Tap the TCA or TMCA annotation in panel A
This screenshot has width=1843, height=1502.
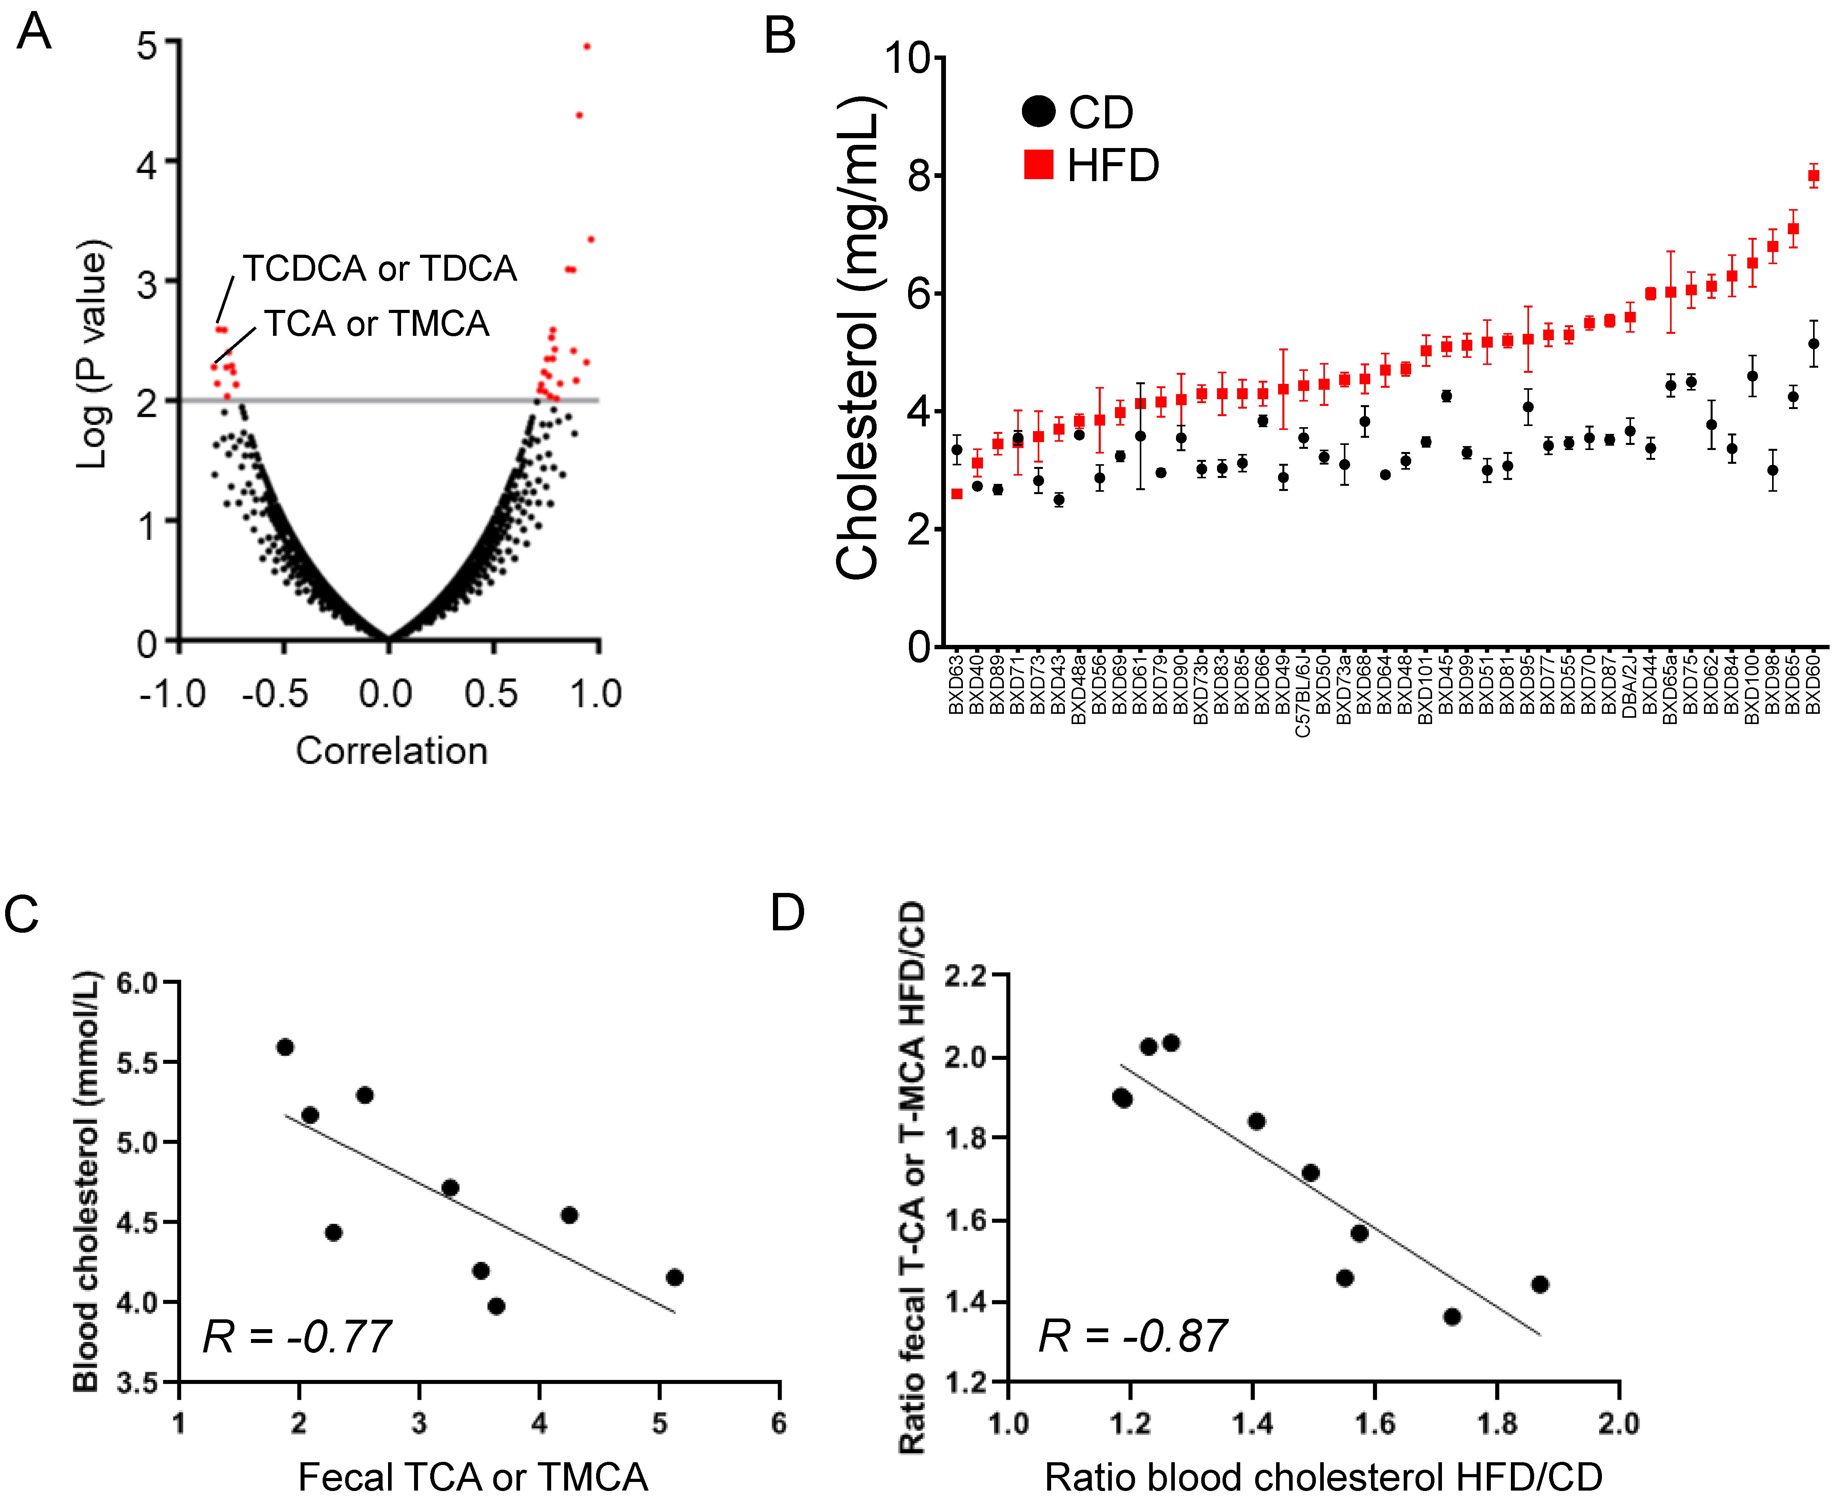(377, 324)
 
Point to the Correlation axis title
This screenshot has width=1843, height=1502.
(391, 750)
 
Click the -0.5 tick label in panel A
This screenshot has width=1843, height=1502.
(275, 694)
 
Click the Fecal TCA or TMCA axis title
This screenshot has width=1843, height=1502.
(473, 1476)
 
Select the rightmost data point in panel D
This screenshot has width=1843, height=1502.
(1539, 1284)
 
